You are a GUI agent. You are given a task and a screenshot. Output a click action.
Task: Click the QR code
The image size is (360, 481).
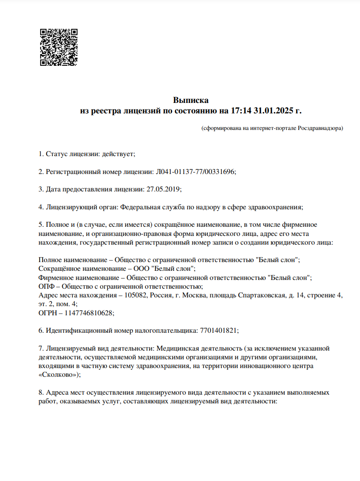point(59,48)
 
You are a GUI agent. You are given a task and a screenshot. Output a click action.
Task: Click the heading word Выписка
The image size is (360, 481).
point(191,101)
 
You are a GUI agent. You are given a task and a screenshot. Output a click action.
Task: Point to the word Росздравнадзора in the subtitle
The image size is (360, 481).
point(320,128)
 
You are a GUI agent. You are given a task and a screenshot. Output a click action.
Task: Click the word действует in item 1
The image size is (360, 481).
point(118,154)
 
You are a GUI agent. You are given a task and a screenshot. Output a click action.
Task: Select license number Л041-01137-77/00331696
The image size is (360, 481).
point(195,171)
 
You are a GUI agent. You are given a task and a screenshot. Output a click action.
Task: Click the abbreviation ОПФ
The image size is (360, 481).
point(47,287)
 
